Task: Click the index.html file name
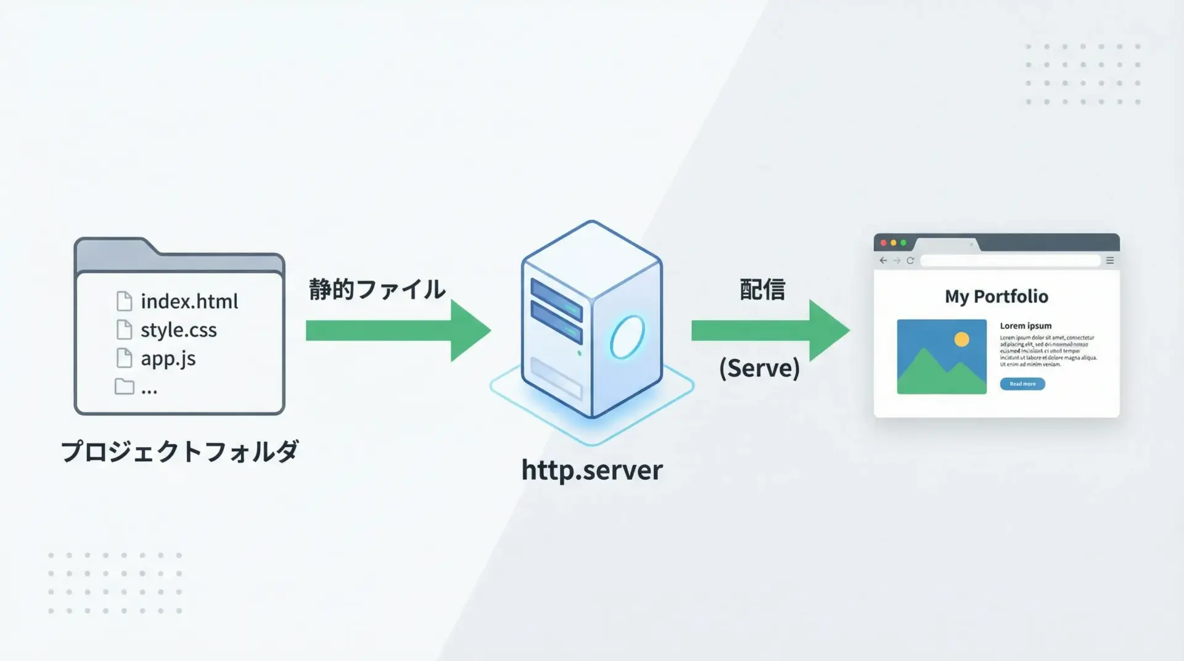click(189, 302)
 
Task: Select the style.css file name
click(178, 330)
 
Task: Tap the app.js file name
click(168, 358)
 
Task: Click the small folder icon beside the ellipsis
click(124, 387)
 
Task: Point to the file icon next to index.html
click(124, 301)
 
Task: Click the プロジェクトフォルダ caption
click(179, 451)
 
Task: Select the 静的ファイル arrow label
click(377, 289)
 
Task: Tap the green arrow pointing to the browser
click(770, 330)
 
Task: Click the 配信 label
click(762, 289)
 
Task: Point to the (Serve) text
click(759, 368)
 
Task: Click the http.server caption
click(592, 470)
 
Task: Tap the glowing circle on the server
click(627, 337)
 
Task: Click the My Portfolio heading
click(997, 297)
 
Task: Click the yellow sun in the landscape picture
click(961, 339)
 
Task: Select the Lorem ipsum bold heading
click(1026, 326)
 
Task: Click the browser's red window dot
click(884, 243)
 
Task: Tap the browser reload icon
click(910, 261)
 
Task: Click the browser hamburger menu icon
click(1110, 261)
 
